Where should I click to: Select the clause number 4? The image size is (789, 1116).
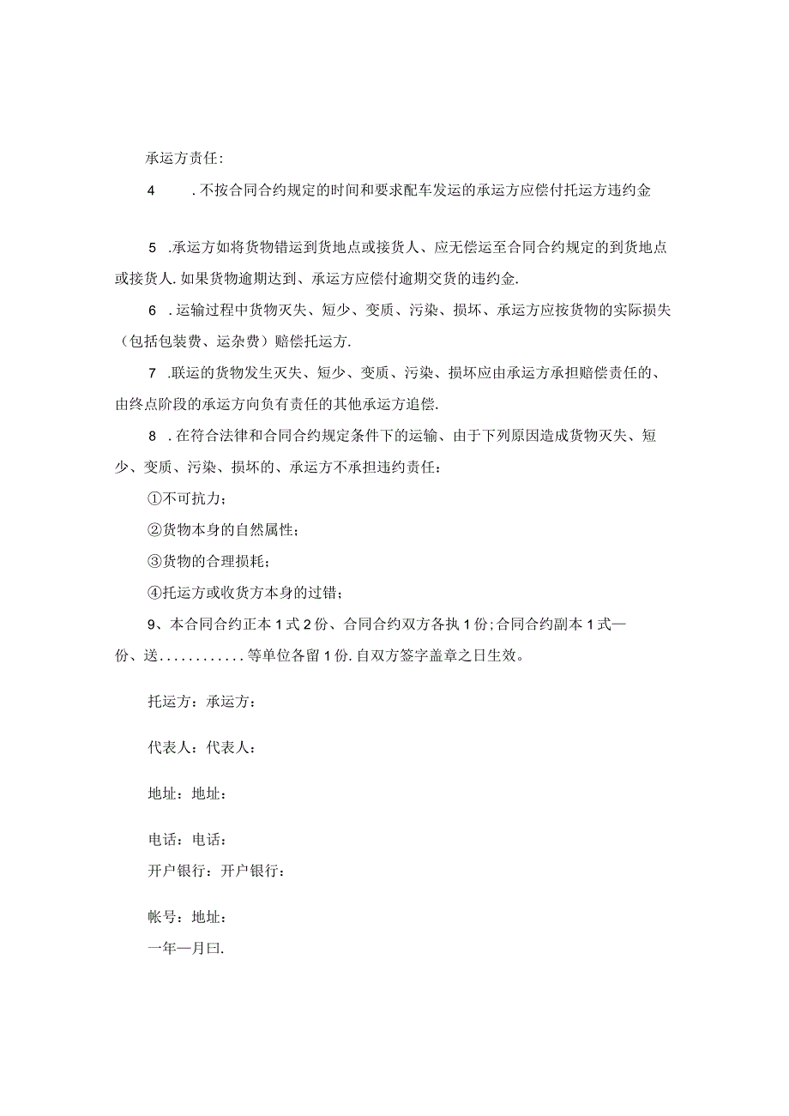(x=152, y=191)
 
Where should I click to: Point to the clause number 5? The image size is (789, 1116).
(x=153, y=248)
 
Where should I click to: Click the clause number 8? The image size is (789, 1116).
(x=153, y=436)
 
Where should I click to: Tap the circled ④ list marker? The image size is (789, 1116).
(x=154, y=592)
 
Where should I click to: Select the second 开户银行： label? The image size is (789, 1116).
(x=253, y=871)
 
